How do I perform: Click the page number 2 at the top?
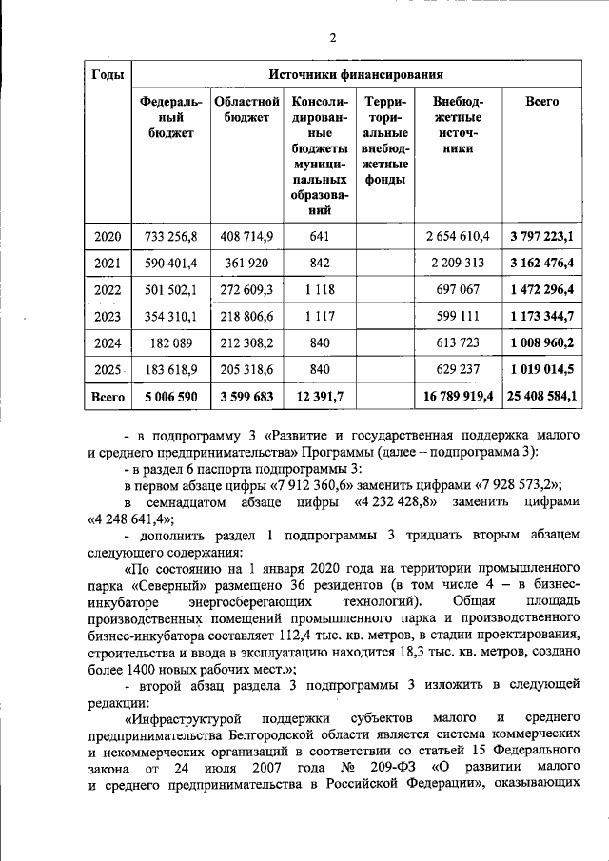[332, 38]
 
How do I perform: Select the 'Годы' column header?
[105, 74]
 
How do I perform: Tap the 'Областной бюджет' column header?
[246, 109]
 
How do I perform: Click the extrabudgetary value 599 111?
[461, 316]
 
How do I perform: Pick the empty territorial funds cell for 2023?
[385, 316]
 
